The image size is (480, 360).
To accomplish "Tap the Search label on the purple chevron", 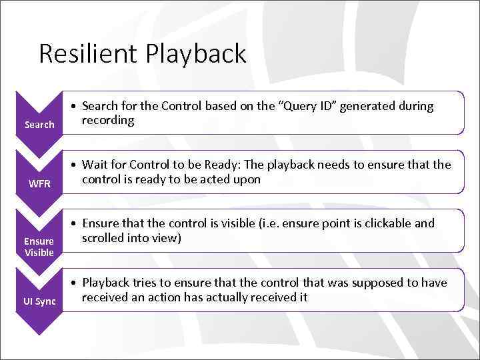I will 39,125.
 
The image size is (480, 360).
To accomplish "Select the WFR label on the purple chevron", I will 39,183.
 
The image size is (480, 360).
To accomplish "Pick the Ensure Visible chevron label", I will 39,247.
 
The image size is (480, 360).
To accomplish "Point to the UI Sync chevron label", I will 39,301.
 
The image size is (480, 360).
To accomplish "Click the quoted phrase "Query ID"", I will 307,107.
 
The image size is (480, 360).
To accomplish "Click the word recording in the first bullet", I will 108,121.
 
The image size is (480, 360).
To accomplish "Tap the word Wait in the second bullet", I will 95,165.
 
